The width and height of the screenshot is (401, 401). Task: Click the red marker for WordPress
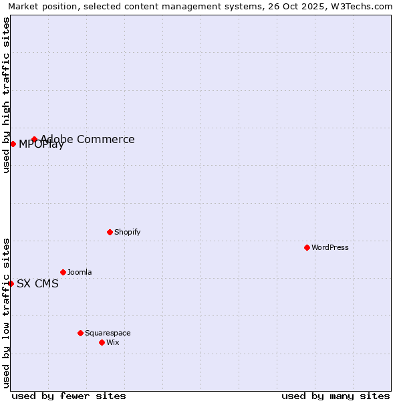tap(307, 247)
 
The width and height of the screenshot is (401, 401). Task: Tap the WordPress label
tap(330, 247)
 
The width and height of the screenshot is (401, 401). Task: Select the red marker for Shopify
tap(110, 232)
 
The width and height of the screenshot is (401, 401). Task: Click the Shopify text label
tap(127, 232)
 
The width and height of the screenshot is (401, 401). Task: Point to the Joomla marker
tap(63, 272)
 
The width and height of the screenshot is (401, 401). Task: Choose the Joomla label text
tap(80, 272)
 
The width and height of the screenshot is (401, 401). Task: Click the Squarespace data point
tap(80, 333)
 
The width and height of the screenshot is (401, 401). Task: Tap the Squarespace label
tap(108, 333)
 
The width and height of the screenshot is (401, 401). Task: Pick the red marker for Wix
tap(102, 342)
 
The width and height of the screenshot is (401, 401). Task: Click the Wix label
tap(113, 342)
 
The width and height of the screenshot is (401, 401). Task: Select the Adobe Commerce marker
tap(34, 139)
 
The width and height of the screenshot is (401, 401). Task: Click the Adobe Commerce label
tap(88, 139)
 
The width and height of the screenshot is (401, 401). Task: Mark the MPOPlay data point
tap(13, 144)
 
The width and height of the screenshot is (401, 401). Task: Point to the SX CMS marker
tap(11, 283)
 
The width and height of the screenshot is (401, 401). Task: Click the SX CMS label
tap(37, 283)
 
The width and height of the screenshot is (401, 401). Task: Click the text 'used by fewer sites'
tap(69, 396)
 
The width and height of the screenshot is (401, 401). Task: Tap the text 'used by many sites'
tap(336, 396)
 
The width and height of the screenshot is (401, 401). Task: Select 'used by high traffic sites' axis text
tap(6, 95)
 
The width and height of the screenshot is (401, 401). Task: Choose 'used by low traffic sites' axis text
tap(6, 312)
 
